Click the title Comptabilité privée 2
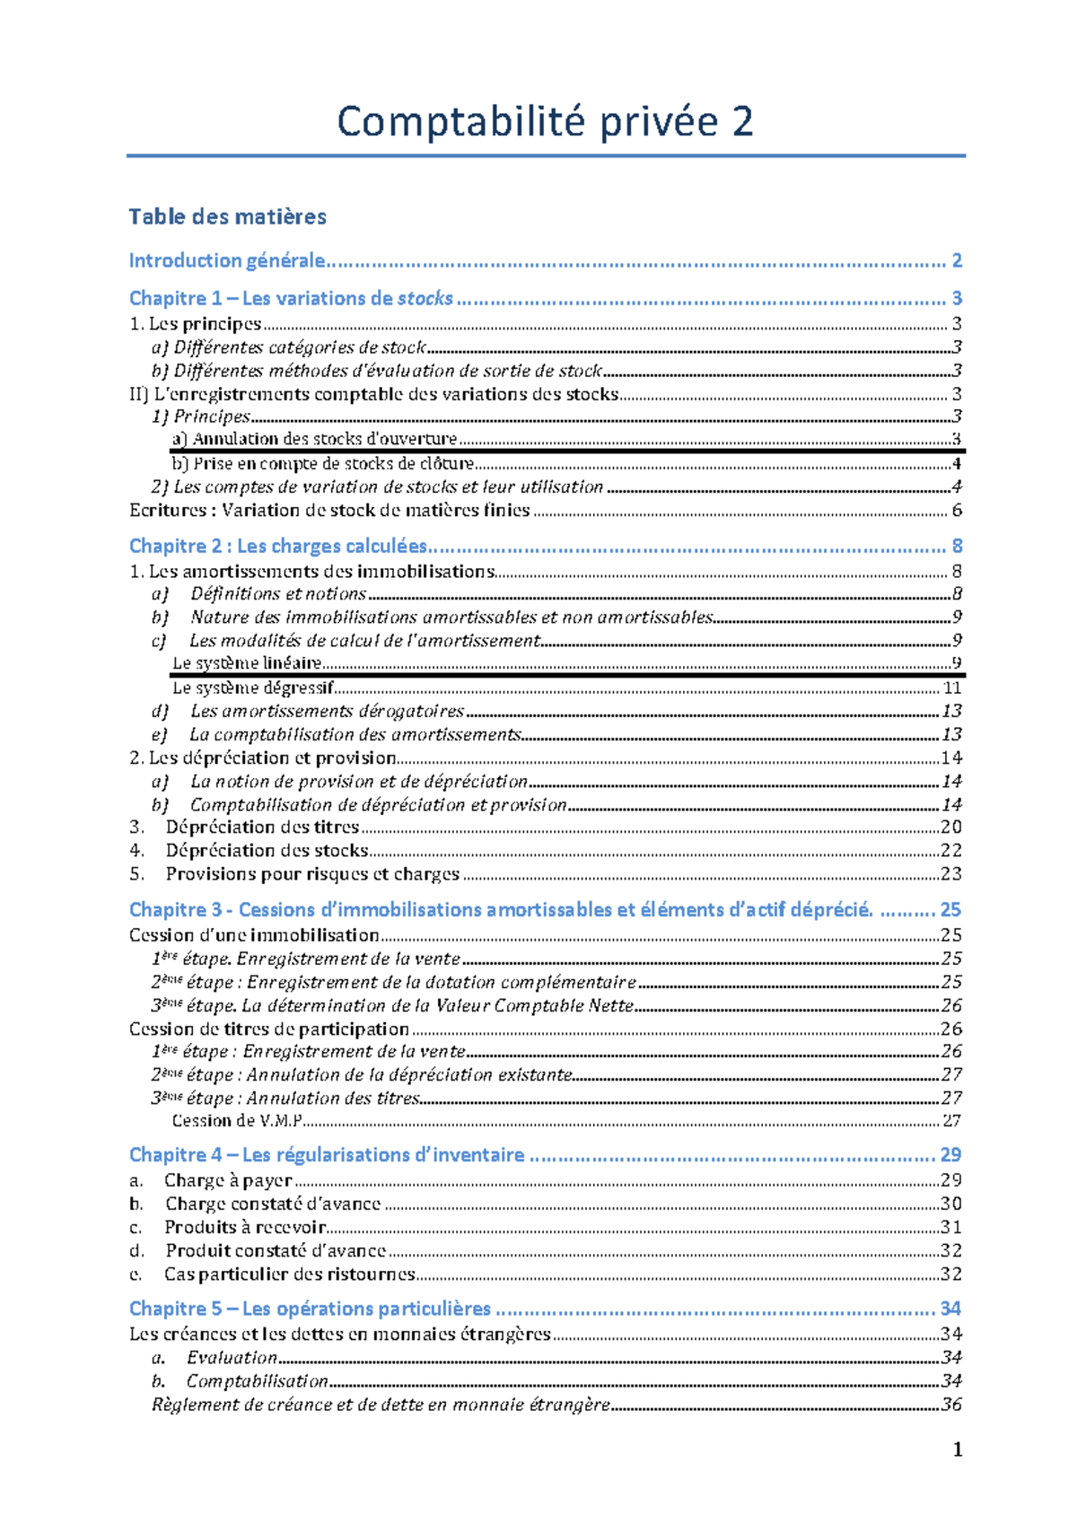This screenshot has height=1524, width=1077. [544, 122]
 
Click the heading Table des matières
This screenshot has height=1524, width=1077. [227, 216]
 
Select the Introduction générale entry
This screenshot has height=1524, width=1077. [226, 260]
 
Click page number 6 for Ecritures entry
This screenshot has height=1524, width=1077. [957, 511]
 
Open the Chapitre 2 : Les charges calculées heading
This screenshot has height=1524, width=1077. [278, 546]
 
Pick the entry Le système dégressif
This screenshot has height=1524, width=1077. [252, 688]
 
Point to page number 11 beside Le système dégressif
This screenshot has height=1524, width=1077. [952, 688]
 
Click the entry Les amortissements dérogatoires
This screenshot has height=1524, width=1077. [327, 711]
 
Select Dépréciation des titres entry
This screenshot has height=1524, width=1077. [261, 827]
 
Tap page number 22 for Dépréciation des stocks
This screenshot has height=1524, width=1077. [951, 850]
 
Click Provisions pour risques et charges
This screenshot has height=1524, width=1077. [311, 873]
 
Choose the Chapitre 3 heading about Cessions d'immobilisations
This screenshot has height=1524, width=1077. [500, 909]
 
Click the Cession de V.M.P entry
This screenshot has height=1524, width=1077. [237, 1121]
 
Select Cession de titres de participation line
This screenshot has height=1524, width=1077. [269, 1029]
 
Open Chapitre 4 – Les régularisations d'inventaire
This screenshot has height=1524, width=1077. [327, 1154]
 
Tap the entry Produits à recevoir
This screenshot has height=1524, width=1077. [244, 1227]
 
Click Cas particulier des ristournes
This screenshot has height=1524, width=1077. [289, 1274]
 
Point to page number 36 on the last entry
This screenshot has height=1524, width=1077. [951, 1405]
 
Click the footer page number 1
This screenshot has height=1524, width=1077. [958, 1450]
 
